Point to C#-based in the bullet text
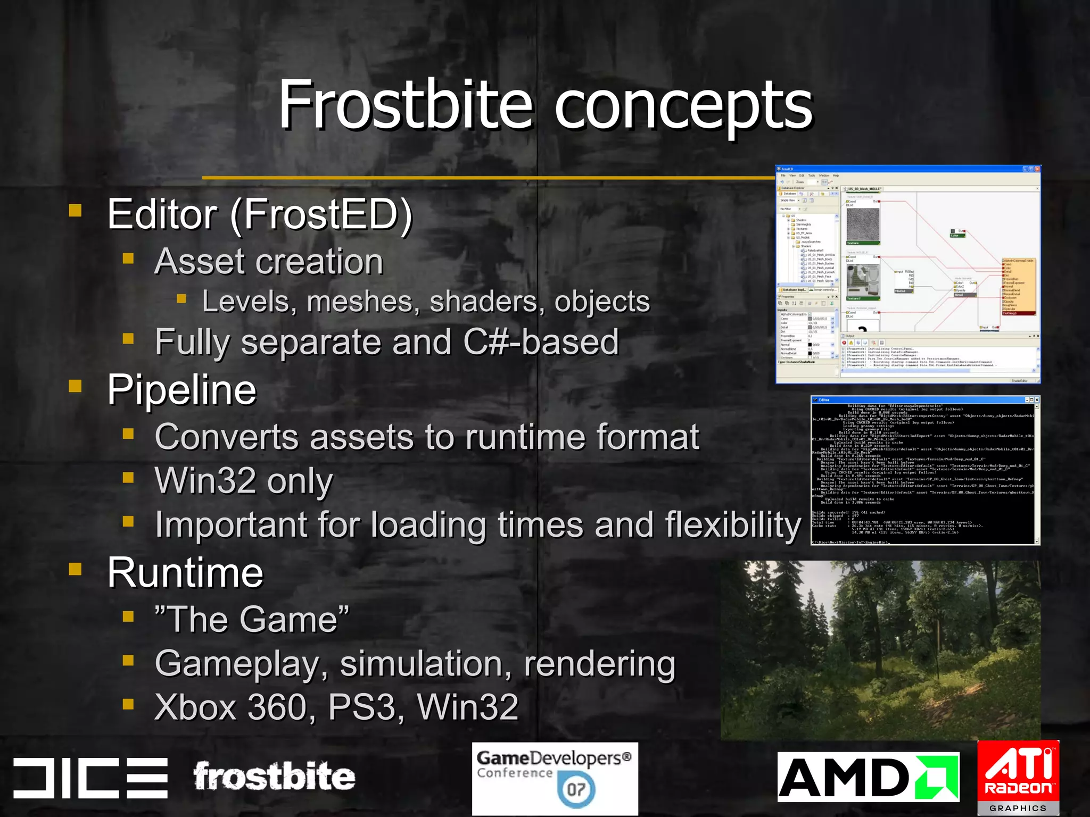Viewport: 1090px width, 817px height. pos(541,341)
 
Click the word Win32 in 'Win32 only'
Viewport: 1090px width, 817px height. pos(205,480)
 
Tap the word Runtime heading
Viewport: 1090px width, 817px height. pos(185,573)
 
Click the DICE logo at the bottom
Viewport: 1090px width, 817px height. pos(90,778)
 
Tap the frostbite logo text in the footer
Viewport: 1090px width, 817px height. pos(274,777)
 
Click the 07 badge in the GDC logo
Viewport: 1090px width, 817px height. pos(576,789)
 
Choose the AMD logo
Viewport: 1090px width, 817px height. pos(868,777)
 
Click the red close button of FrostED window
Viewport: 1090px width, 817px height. pos(1037,169)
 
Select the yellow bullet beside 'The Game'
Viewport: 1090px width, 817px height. pos(128,616)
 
